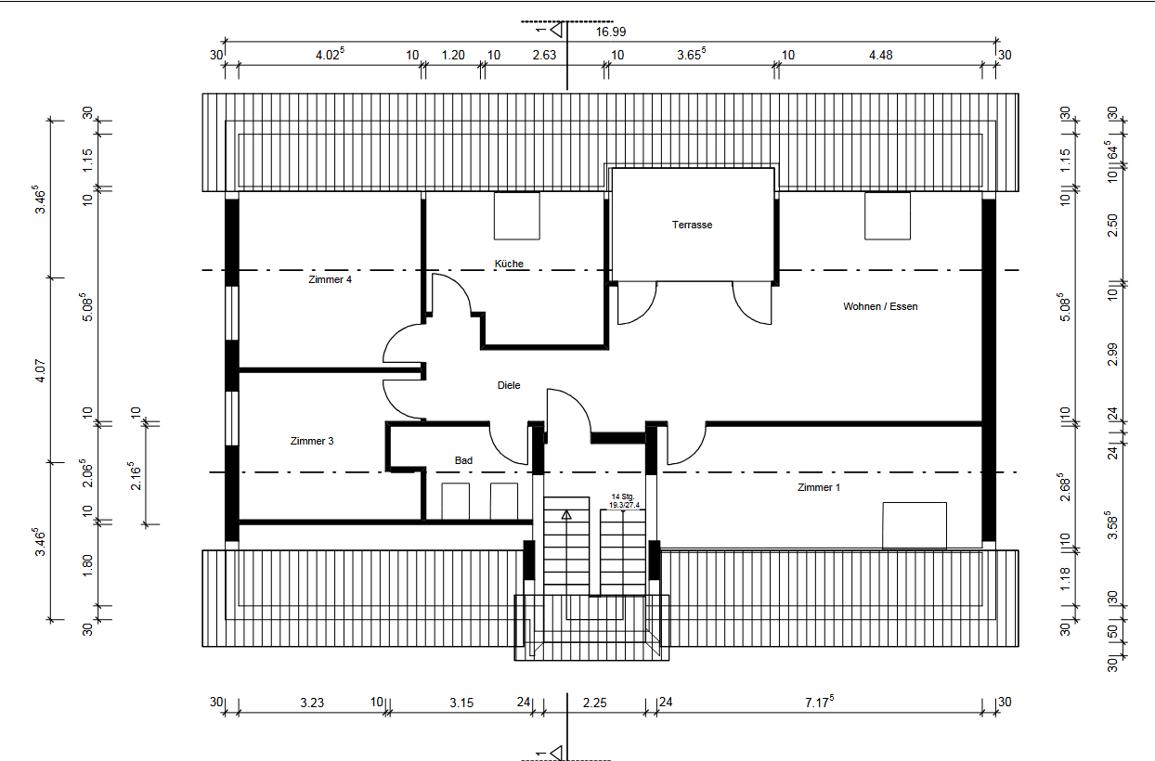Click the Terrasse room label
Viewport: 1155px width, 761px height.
[x=692, y=225]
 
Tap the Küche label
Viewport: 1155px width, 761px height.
[x=509, y=264]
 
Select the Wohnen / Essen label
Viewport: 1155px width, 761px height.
[x=879, y=306]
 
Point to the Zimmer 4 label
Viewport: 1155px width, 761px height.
[x=330, y=279]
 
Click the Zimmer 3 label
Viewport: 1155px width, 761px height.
[x=311, y=441]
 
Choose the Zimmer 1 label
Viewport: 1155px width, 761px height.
[x=818, y=487]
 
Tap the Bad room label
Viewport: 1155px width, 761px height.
[x=463, y=460]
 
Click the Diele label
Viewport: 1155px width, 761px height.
[x=509, y=385]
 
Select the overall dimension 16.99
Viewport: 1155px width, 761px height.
[x=611, y=32]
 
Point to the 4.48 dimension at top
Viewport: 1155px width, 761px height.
[x=880, y=56]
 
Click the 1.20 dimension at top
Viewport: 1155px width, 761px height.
[x=452, y=56]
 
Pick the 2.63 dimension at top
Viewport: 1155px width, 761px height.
[x=544, y=56]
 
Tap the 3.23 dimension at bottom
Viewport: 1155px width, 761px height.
[x=312, y=703]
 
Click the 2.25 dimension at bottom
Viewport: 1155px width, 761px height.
[x=594, y=703]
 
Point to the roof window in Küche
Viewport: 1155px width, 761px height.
[x=516, y=215]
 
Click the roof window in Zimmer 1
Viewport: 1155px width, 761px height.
[x=914, y=525]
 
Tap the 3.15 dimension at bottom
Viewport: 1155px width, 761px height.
[x=461, y=703]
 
